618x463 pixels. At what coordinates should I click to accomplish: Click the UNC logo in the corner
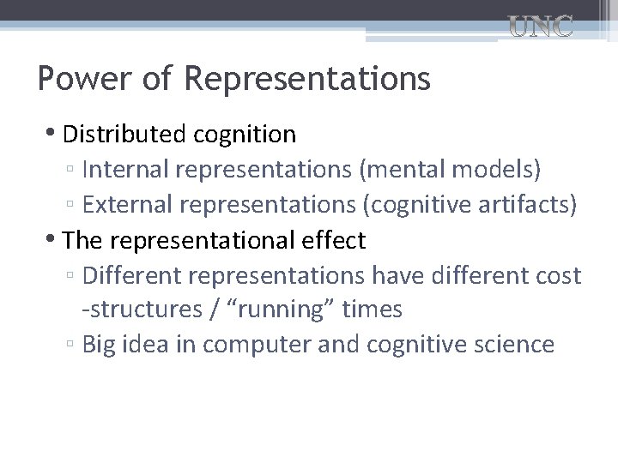pyautogui.click(x=540, y=27)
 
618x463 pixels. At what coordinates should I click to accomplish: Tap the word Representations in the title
pyautogui.click(x=306, y=80)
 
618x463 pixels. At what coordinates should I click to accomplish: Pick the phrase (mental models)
pyautogui.click(x=451, y=170)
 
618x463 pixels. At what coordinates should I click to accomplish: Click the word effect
pyautogui.click(x=332, y=241)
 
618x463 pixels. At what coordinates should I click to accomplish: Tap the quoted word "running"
pyautogui.click(x=280, y=310)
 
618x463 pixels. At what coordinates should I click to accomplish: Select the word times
pyautogui.click(x=372, y=310)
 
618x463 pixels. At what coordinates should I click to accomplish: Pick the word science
pyautogui.click(x=512, y=345)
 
